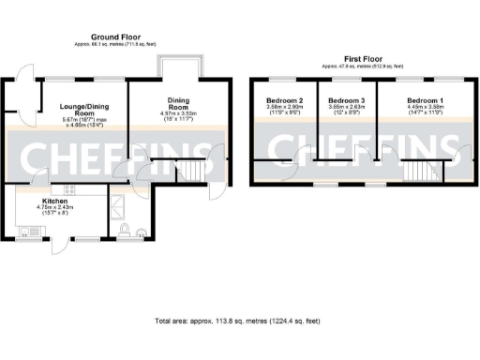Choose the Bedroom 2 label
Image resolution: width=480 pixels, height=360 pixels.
point(284,100)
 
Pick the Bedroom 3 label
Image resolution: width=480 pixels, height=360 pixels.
point(346,100)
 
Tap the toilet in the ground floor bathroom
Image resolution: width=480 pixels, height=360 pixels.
point(141,231)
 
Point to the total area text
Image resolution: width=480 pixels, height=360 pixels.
point(240,322)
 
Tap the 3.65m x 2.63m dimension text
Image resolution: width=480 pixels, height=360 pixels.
point(346,109)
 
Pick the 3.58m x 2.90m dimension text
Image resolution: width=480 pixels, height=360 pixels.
point(284,109)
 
